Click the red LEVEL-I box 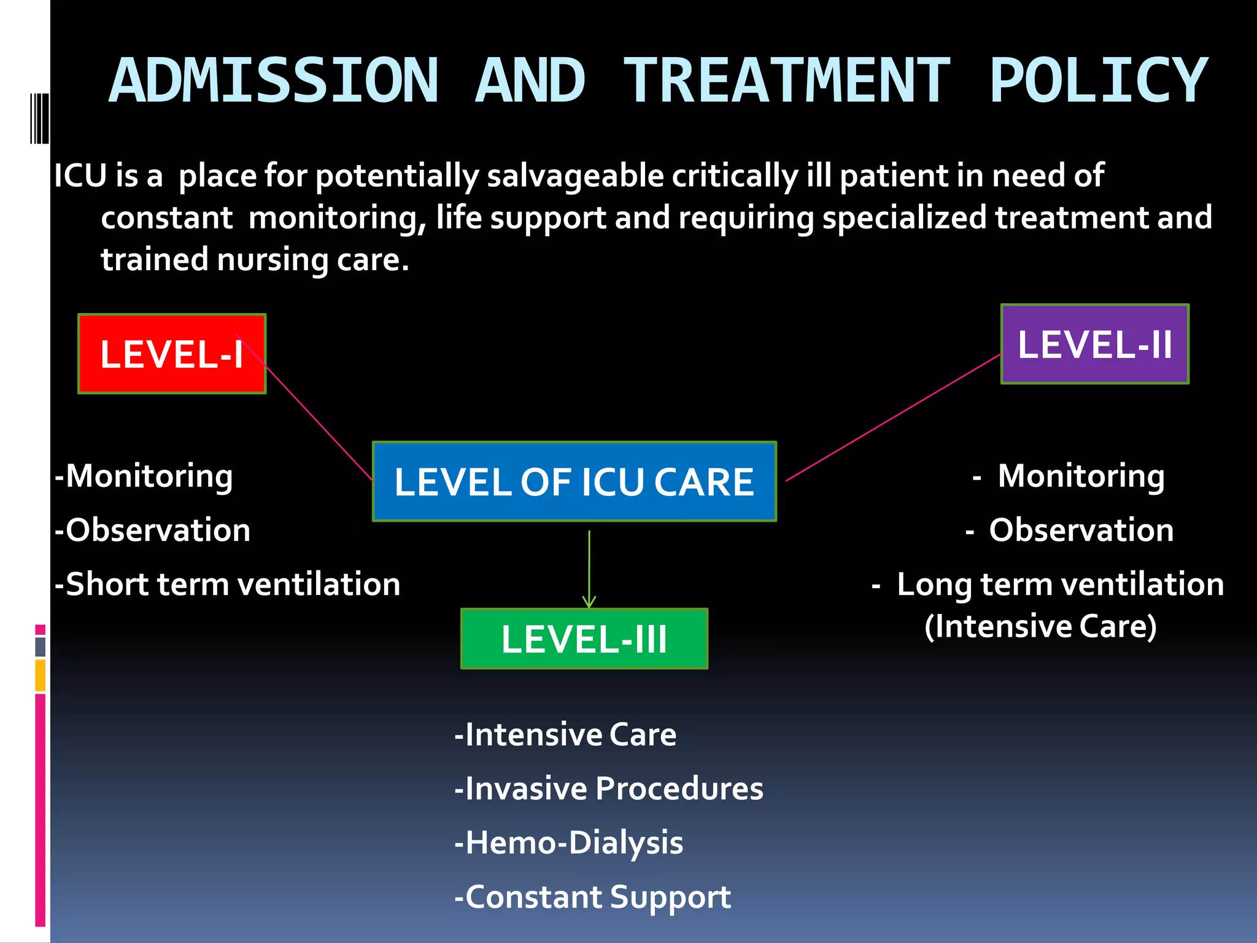point(172,354)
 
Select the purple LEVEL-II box point(1094,344)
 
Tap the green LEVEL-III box point(584,638)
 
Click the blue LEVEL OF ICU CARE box point(574,481)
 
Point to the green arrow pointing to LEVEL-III point(589,571)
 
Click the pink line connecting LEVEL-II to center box point(893,417)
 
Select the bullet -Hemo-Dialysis point(568,842)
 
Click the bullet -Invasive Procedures point(608,788)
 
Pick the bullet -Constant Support point(592,897)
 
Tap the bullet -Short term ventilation point(227,584)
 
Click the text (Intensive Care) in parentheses point(1040,626)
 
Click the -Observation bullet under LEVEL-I point(152,530)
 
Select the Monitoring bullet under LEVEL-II point(1080,476)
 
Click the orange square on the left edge point(41,675)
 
